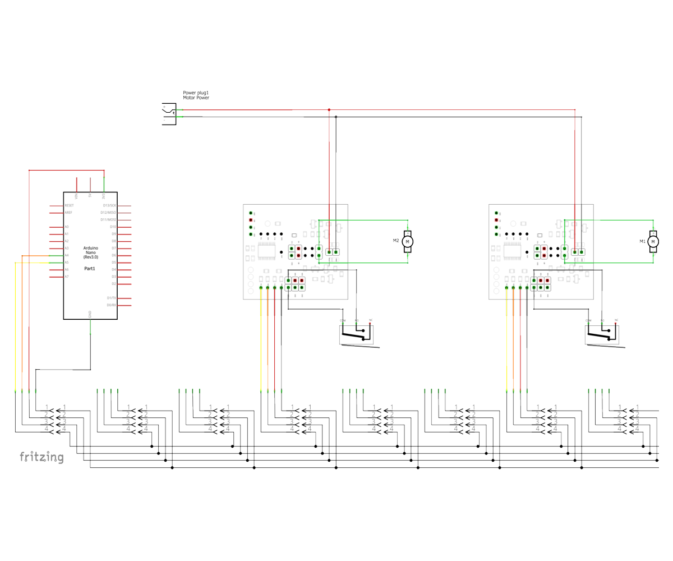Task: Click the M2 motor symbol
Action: (x=408, y=241)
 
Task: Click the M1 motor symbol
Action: (x=653, y=241)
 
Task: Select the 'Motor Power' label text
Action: (x=196, y=98)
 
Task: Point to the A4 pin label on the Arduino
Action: (x=67, y=255)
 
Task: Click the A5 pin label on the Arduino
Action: (x=67, y=263)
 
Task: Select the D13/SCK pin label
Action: (x=109, y=206)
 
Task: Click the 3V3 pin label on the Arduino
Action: (x=104, y=196)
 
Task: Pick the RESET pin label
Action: (x=69, y=206)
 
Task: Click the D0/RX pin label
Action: (x=111, y=305)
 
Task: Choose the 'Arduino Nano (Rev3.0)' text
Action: (x=90, y=252)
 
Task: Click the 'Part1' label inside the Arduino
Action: (x=90, y=268)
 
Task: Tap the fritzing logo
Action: (x=42, y=457)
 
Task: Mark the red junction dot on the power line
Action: (x=329, y=110)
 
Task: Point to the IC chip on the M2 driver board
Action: (x=266, y=252)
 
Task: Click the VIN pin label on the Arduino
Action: (x=76, y=196)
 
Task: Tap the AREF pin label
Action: (x=68, y=213)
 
